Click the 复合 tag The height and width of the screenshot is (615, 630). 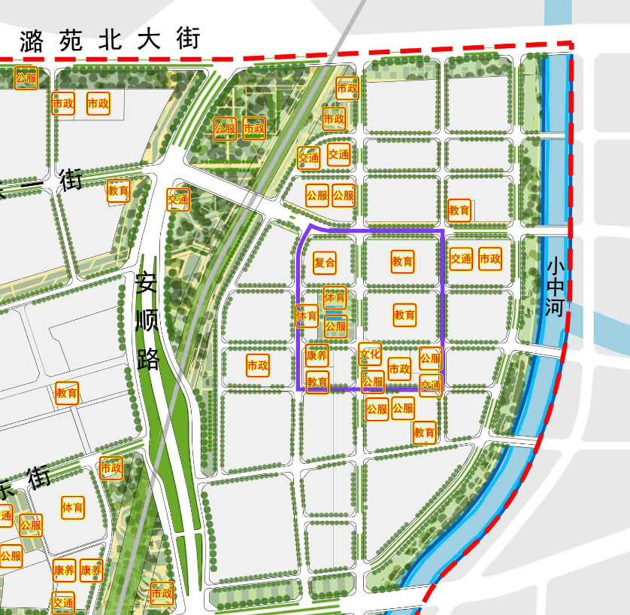point(325,263)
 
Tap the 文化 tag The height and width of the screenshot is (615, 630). point(370,353)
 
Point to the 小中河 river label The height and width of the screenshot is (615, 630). point(556,287)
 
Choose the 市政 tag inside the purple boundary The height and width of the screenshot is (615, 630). point(399,369)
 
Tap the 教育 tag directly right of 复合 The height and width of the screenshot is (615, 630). point(402,262)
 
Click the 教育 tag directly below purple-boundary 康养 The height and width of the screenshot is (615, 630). point(317,382)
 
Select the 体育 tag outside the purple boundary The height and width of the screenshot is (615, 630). point(73,507)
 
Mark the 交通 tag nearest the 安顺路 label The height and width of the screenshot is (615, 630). point(178,199)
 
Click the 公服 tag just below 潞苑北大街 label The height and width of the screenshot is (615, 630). point(26,78)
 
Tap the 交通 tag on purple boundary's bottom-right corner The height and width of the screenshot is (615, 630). point(431,385)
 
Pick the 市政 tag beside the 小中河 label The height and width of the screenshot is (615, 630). point(489,259)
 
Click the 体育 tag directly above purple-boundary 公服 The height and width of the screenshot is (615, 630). point(335,298)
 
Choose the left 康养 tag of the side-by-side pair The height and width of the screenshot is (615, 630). point(64,571)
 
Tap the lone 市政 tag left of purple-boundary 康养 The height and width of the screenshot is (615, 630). point(258,366)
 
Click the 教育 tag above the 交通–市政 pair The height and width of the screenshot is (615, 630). point(459,211)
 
